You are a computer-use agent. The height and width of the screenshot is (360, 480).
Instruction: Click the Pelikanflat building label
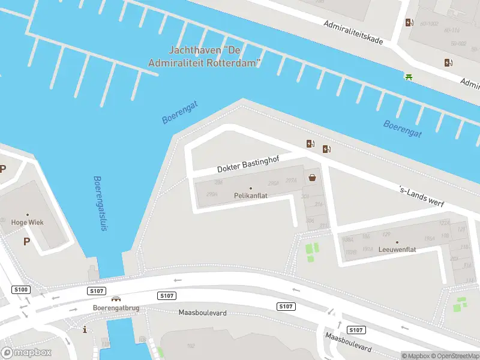(x=250, y=196)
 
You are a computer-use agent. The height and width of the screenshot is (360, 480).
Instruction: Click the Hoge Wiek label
(x=27, y=222)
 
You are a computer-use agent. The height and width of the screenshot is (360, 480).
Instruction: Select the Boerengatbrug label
(x=116, y=308)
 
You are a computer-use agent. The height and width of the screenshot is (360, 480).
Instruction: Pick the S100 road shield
(x=21, y=290)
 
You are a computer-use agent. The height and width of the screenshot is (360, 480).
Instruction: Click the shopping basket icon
(x=313, y=177)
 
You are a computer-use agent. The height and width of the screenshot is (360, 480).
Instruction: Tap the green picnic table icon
(x=409, y=76)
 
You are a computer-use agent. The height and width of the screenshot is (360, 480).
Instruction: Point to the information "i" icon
(x=85, y=329)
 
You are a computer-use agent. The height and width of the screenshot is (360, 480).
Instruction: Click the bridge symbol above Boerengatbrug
(x=116, y=299)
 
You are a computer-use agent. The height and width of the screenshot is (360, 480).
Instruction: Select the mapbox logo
(x=26, y=353)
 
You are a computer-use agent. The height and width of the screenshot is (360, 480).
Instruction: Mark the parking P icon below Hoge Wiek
(x=26, y=241)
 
